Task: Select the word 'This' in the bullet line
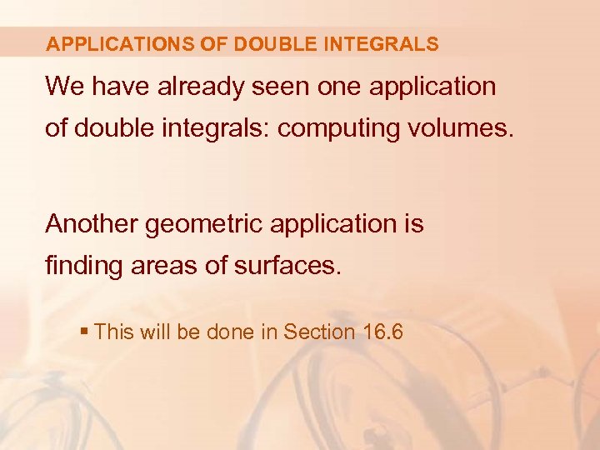[x=113, y=332]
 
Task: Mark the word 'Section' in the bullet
[x=319, y=332]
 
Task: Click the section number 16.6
[x=383, y=332]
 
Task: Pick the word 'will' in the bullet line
[x=155, y=332]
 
